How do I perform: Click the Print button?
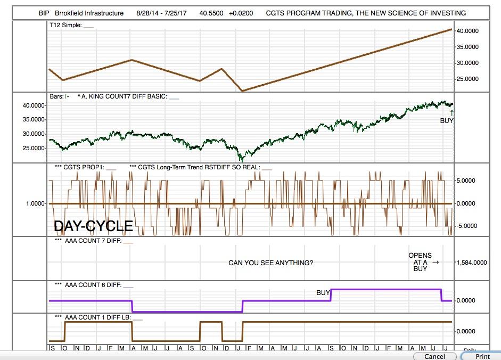482,356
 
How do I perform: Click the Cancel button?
434,356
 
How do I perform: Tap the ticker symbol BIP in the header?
44,13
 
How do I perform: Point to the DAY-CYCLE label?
93,226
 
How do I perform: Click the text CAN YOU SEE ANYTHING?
270,263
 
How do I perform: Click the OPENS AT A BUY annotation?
420,262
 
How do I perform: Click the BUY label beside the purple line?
323,293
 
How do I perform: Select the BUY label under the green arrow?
447,121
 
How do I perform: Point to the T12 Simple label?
65,26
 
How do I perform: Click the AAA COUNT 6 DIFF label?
93,285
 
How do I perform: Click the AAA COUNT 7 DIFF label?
93,241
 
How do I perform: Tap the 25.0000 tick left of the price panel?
33,148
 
